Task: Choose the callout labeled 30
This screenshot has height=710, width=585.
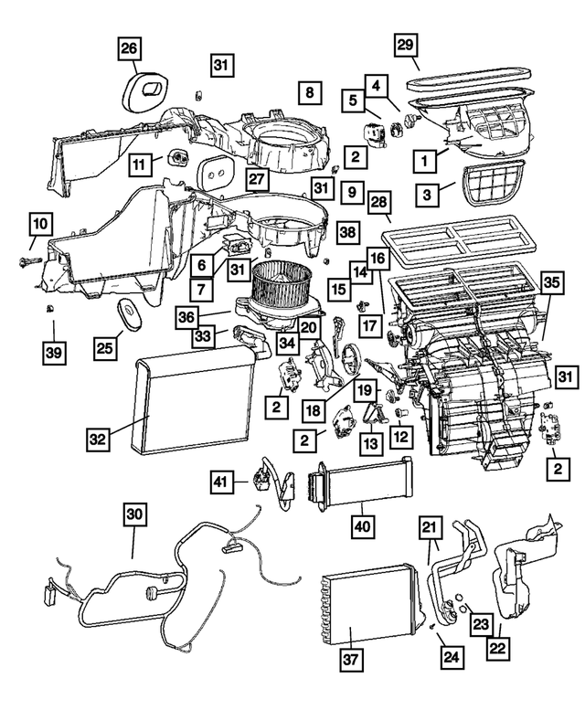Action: click(x=134, y=515)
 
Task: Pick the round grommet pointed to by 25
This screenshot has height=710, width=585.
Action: click(x=133, y=314)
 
